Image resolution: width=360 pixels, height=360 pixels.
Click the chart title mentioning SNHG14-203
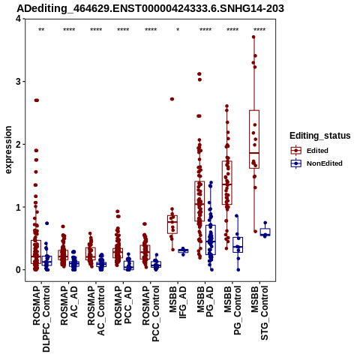pos(150,8)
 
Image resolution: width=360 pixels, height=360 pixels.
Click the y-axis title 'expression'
pos(8,150)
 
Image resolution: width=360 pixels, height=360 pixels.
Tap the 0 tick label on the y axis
pos(19,270)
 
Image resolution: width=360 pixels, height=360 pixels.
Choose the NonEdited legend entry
pos(316,163)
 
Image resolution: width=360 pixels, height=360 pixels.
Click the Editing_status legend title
pos(320,136)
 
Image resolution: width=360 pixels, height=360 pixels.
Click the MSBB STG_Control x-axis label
pos(259,313)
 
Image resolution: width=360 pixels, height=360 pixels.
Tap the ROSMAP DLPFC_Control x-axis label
pos(41,319)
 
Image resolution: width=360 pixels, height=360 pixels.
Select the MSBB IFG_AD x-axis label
pos(178,302)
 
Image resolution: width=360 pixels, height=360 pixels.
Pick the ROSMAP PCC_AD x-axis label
pos(123,305)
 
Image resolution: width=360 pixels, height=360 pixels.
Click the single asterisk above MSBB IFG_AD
pos(178,29)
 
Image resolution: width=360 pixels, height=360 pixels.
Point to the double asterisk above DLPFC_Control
pos(41,29)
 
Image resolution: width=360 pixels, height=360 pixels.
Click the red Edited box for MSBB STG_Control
pos(254,139)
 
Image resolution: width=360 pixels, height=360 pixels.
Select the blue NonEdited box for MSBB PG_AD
pos(211,240)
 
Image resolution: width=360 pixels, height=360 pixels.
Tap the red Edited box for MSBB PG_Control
pos(227,183)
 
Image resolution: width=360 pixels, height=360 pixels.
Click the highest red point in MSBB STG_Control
pos(253,37)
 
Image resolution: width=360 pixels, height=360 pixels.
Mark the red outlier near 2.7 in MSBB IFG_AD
pos(172,99)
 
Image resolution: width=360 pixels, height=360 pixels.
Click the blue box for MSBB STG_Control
pos(265,232)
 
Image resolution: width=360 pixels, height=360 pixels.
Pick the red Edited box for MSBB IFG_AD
pos(172,224)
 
